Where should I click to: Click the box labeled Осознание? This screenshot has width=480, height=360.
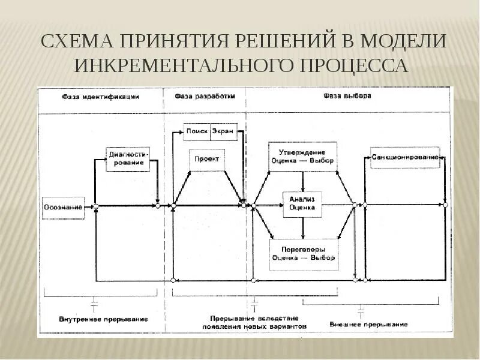[63, 207]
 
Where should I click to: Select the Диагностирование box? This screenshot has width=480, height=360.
[127, 159]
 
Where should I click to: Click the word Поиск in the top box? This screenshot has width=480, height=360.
[197, 131]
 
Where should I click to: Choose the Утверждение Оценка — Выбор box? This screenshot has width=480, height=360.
[302, 157]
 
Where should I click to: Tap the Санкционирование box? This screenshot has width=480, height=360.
[405, 157]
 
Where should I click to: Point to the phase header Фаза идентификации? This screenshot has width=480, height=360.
[101, 96]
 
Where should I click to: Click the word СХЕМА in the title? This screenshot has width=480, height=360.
[78, 41]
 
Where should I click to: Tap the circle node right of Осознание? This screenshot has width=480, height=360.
[95, 206]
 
